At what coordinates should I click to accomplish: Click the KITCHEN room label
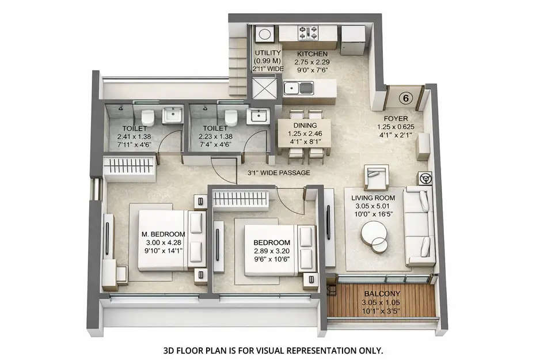(x=312, y=54)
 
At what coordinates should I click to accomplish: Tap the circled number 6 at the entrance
(x=406, y=98)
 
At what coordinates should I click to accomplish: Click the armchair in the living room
(x=376, y=177)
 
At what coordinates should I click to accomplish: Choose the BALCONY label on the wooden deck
(x=381, y=293)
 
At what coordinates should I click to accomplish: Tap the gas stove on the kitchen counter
(x=307, y=33)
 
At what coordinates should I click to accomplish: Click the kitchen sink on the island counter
(x=298, y=89)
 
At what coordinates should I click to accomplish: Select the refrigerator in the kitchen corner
(x=352, y=39)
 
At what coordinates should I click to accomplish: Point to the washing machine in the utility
(x=265, y=34)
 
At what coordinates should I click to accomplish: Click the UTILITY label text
(x=268, y=53)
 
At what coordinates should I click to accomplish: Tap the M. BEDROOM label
(x=163, y=234)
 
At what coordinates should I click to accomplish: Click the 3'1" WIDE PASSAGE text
(x=279, y=172)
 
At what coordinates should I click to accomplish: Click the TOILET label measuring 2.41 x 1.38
(x=136, y=128)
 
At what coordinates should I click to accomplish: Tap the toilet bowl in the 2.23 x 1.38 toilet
(x=231, y=118)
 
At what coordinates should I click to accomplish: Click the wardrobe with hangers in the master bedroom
(x=130, y=169)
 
